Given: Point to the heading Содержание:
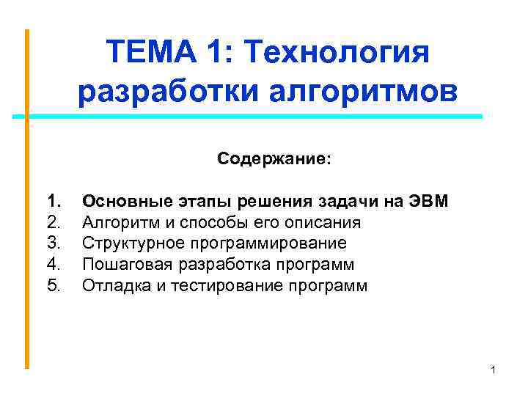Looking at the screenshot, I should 274,159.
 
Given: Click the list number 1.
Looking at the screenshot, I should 54,200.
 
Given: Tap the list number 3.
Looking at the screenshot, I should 54,243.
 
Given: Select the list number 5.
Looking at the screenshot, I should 54,285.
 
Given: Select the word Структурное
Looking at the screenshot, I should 129,243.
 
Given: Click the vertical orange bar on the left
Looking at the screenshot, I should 27,198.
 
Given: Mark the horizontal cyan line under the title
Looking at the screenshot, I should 249,117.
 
